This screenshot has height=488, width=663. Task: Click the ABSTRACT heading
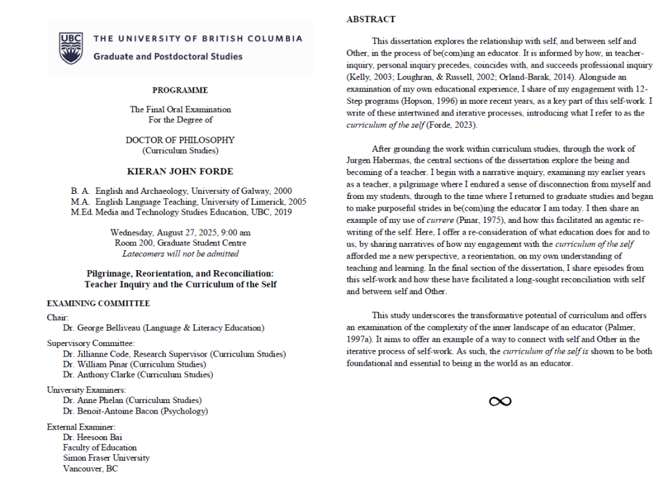pos(370,19)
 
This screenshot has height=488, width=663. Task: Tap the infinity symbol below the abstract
pos(500,402)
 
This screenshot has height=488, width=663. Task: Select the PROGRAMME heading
pos(180,90)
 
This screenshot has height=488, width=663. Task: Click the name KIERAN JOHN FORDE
pos(180,171)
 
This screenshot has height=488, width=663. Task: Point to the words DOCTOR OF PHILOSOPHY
pos(180,140)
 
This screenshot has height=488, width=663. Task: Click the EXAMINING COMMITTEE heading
pos(98,303)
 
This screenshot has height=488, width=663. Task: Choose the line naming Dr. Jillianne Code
pos(174,354)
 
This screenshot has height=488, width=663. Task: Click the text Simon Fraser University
pos(106,458)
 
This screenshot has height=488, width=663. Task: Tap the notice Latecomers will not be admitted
pos(180,253)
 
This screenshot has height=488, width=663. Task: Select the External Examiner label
pos(81,427)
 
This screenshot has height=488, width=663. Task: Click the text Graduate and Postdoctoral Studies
pos(168,56)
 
